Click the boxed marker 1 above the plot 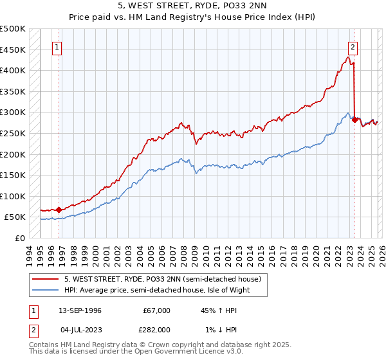[x=58, y=47]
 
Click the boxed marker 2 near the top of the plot [x=353, y=47]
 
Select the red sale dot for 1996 [x=59, y=210]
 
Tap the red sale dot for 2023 [x=355, y=120]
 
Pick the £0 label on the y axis [x=20, y=238]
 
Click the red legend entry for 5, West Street [x=161, y=279]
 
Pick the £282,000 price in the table [x=156, y=330]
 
